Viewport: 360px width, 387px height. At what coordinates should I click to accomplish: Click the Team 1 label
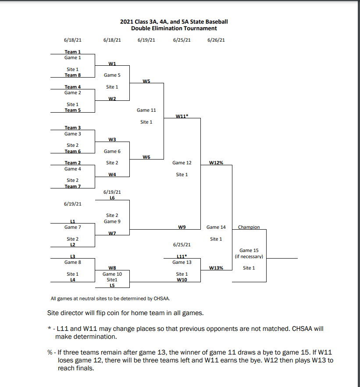pos(73,52)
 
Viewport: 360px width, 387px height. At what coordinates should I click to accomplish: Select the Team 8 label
pos(73,75)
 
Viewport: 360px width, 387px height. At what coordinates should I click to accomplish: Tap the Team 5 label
pos(73,110)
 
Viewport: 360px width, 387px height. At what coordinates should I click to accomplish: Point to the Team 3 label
pos(73,128)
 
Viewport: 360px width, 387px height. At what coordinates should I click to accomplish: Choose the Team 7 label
pos(73,186)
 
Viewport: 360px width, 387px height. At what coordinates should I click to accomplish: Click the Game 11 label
pos(146,110)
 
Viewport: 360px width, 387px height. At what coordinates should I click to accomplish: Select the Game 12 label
pos(182,163)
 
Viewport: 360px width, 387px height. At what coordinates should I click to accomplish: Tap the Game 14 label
pos(216,227)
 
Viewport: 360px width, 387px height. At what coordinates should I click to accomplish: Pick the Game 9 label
pos(112,221)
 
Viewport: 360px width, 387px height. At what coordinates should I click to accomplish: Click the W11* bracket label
pos(182,116)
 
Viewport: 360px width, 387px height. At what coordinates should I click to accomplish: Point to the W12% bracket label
pos(216,163)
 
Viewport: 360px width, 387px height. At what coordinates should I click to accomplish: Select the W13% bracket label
pos(216,268)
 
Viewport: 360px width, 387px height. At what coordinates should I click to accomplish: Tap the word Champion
pos(249,227)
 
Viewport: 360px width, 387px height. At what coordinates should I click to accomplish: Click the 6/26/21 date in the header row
pos(216,40)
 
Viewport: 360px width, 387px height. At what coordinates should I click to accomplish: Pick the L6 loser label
pos(112,198)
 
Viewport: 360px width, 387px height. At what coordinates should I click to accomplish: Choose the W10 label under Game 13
pos(182,280)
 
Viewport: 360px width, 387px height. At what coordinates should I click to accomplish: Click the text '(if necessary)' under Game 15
pos(249,256)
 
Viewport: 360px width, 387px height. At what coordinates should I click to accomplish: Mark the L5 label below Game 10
pos(112,285)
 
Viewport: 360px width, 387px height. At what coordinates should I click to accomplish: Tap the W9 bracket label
pos(182,227)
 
